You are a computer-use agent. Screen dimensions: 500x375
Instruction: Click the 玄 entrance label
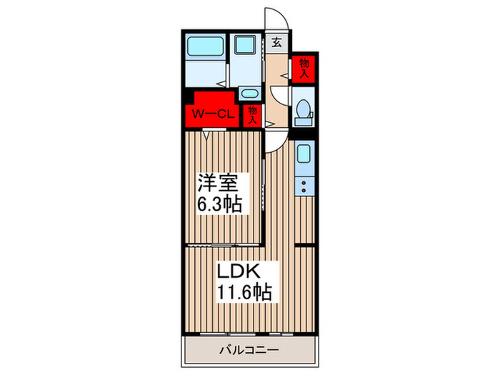(277, 42)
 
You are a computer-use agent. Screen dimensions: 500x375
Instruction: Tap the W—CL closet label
(214, 114)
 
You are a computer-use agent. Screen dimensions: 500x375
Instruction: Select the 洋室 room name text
(218, 183)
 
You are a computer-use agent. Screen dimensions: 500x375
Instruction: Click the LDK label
(239, 271)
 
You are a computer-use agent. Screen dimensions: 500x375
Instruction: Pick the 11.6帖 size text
(244, 292)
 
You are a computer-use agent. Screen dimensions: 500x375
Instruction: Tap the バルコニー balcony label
(249, 350)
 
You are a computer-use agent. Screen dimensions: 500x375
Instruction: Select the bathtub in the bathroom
(205, 46)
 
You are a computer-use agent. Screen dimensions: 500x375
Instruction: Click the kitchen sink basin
(304, 154)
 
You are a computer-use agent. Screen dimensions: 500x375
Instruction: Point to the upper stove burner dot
(304, 183)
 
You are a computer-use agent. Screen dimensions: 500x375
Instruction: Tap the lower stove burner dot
(304, 191)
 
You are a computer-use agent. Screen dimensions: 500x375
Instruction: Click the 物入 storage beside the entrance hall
(304, 69)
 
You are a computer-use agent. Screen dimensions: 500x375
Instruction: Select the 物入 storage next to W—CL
(253, 115)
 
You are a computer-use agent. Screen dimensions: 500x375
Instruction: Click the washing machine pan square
(245, 44)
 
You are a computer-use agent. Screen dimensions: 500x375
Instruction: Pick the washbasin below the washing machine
(249, 94)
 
